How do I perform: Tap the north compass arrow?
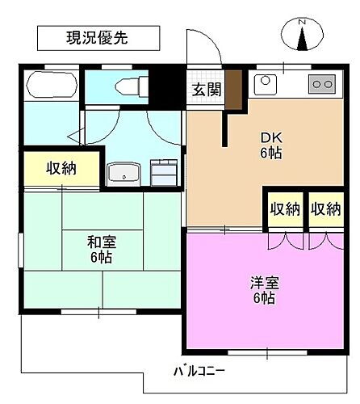pos(303,39)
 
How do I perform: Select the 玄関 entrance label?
pos(205,89)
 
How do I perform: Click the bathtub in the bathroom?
pos(50,86)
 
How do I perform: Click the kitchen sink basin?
pos(265,83)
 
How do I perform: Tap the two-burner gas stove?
pos(323,83)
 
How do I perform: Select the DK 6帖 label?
pos(270,145)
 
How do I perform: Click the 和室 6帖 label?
pos(101,248)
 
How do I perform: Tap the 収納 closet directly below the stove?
pos(325,209)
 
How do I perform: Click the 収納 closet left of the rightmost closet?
pos(284,209)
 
